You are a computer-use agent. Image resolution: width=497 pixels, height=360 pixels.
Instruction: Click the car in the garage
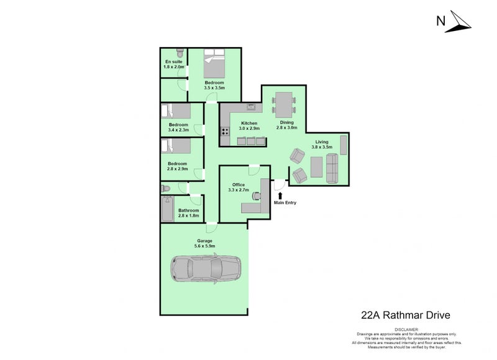[205, 269]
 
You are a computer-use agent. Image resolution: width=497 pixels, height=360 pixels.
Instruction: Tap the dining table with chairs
[284, 102]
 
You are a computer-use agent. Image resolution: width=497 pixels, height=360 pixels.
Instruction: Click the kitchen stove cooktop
[224, 132]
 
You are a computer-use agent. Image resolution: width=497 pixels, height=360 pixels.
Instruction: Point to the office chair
[255, 195]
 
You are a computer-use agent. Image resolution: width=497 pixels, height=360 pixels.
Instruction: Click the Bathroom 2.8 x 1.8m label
[189, 213]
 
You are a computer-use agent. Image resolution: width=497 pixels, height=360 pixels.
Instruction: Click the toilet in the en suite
[179, 53]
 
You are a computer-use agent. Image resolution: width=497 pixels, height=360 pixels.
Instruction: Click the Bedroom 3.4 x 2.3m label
[178, 127]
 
